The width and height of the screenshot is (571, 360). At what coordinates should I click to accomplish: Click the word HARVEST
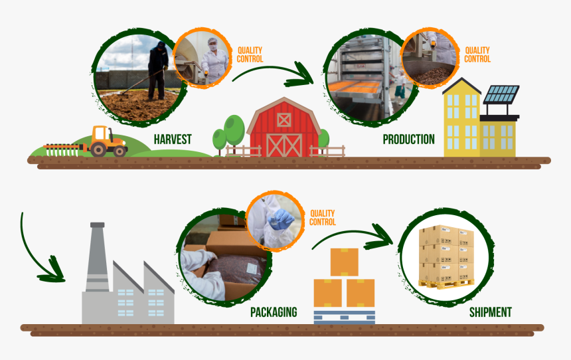[173, 139]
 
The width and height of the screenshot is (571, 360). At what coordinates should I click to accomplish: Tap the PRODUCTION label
[408, 139]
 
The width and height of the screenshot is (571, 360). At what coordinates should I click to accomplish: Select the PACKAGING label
[274, 312]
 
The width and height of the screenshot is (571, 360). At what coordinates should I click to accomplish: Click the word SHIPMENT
[491, 312]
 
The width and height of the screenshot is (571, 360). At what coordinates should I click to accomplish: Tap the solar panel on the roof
[502, 95]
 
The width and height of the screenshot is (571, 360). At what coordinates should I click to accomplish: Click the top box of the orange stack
[344, 262]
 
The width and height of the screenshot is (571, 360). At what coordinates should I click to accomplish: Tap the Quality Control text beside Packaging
[323, 218]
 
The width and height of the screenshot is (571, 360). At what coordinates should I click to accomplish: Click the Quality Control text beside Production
[477, 54]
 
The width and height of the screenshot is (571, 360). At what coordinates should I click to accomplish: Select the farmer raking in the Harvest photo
[157, 70]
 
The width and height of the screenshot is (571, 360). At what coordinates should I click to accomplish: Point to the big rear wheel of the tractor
[98, 149]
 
